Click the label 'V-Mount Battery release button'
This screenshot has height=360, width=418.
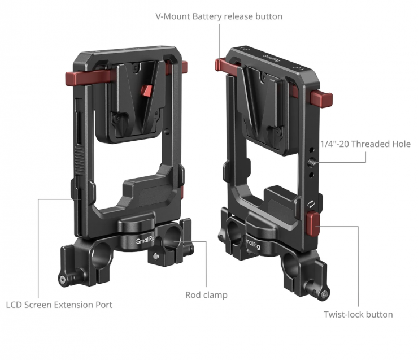pos(219,16)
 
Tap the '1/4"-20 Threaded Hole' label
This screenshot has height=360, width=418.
pos(365,144)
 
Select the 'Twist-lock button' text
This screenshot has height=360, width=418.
pos(358,314)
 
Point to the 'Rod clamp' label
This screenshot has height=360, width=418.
pos(206,295)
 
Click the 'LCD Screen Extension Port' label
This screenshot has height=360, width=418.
pos(59,305)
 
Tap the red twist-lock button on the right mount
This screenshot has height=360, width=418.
pos(312,224)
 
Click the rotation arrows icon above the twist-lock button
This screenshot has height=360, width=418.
pos(311,204)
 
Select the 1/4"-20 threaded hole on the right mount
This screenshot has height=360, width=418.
pos(311,162)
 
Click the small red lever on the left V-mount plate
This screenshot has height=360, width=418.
pos(146,91)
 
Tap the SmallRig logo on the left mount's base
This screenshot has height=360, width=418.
pos(146,240)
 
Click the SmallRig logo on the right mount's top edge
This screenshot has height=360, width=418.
pos(271,58)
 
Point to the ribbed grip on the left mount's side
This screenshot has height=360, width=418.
pos(79,161)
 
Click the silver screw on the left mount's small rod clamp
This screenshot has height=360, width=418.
pos(156,256)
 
